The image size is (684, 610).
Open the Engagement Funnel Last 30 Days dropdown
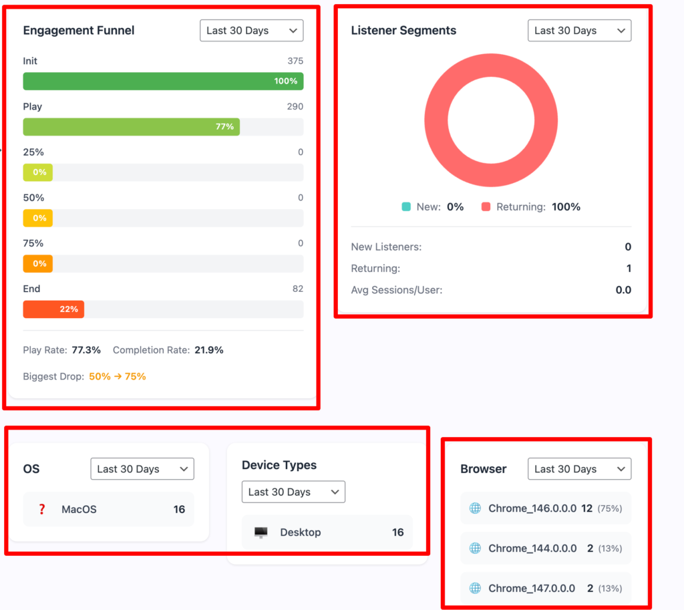[x=251, y=31]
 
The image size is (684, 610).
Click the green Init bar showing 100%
[x=163, y=81]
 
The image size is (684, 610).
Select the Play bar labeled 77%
[x=132, y=126]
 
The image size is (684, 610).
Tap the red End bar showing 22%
[x=53, y=309]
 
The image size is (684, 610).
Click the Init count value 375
[x=295, y=61]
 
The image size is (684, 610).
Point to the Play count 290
[x=295, y=106]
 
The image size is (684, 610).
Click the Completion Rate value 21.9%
[x=209, y=350]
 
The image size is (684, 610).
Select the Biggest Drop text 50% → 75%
[x=118, y=377]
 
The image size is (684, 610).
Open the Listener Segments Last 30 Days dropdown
[x=579, y=31]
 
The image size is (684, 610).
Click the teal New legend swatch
[x=406, y=207]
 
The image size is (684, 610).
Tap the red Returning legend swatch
[x=486, y=207]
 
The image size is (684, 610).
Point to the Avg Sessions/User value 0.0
[x=623, y=290]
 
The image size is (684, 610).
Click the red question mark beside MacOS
[x=42, y=509]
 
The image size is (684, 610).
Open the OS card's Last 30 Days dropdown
[x=142, y=469]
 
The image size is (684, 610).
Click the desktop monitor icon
[x=261, y=532]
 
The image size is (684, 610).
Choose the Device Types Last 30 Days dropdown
[x=294, y=492]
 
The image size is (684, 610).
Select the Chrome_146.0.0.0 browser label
[x=532, y=508]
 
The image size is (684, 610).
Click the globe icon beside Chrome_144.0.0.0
[x=475, y=548]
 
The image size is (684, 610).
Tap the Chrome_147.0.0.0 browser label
[x=532, y=588]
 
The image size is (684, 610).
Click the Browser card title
[x=484, y=469]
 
